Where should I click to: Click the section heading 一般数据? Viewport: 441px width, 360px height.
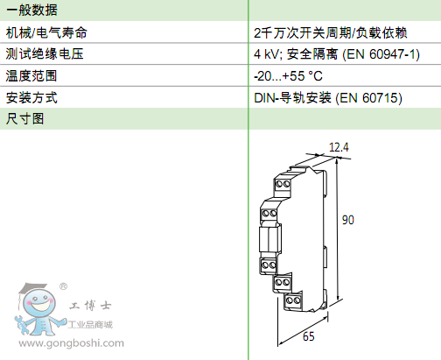pyautogui.click(x=31, y=11)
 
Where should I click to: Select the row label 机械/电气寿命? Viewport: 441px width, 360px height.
pyautogui.click(x=46, y=32)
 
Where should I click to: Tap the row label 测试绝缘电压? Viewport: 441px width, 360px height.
pyautogui.click(x=45, y=53)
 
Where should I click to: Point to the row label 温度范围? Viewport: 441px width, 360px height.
pyautogui.click(x=31, y=75)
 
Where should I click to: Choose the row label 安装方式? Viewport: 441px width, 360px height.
pyautogui.click(x=31, y=97)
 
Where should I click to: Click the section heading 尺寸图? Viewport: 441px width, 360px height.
pyautogui.click(x=24, y=119)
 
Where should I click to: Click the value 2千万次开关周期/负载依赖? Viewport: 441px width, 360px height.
pyautogui.click(x=330, y=32)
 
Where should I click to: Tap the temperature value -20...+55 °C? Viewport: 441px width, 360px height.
pyautogui.click(x=288, y=76)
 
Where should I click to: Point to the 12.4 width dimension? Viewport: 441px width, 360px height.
pyautogui.click(x=339, y=147)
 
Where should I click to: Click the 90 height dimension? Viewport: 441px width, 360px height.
pyautogui.click(x=348, y=220)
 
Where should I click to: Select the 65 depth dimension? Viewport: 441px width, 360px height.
pyautogui.click(x=309, y=336)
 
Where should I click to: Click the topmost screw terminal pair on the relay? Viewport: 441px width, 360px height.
pyautogui.click(x=283, y=184)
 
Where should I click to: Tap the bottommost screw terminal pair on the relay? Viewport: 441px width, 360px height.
pyautogui.click(x=293, y=300)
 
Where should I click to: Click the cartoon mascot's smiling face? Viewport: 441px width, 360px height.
pyautogui.click(x=39, y=303)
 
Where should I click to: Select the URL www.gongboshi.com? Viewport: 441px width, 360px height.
pyautogui.click(x=72, y=342)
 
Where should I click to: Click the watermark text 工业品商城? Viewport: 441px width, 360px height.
pyautogui.click(x=90, y=324)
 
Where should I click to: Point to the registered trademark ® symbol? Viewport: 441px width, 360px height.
pyautogui.click(x=63, y=286)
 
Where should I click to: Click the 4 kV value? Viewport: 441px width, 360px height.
pyautogui.click(x=266, y=54)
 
